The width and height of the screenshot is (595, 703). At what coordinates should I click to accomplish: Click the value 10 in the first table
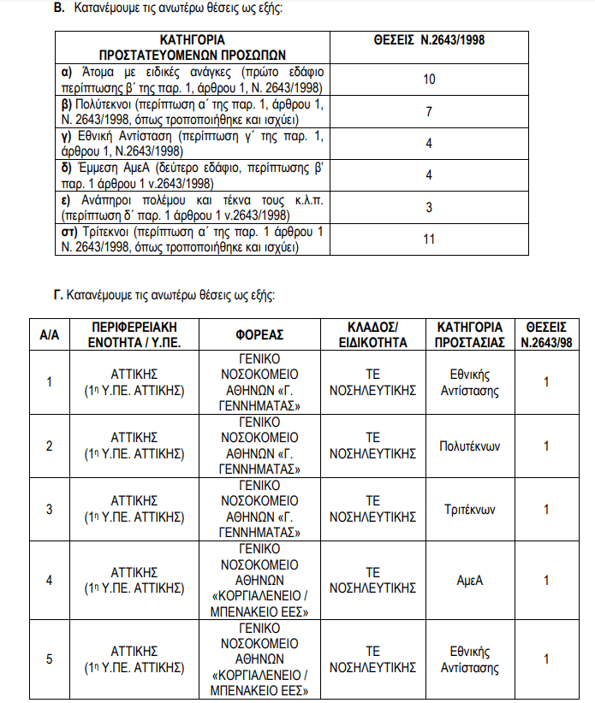click(x=429, y=80)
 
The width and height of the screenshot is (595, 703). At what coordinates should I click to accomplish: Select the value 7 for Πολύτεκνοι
click(x=429, y=112)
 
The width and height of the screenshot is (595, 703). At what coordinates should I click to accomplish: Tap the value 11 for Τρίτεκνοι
click(x=429, y=239)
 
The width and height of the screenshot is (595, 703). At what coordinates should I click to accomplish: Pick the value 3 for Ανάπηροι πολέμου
click(x=429, y=207)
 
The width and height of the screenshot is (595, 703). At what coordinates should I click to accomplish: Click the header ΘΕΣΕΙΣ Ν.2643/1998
click(x=429, y=40)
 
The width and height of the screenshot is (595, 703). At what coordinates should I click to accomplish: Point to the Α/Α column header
click(x=49, y=334)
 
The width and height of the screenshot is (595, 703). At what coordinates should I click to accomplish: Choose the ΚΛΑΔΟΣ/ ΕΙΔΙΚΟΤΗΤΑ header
click(x=372, y=334)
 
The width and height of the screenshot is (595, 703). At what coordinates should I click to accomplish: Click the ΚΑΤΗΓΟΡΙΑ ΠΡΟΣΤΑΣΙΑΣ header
click(x=468, y=334)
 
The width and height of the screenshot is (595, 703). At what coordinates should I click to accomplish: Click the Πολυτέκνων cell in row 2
click(x=468, y=446)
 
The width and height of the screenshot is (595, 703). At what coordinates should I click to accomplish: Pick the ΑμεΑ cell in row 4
click(x=470, y=580)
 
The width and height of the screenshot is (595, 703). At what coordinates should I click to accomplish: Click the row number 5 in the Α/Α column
click(x=49, y=659)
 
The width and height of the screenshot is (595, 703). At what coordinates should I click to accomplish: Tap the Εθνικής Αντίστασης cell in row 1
click(x=469, y=382)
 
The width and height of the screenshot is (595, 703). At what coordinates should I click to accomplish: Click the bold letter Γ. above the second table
click(x=57, y=296)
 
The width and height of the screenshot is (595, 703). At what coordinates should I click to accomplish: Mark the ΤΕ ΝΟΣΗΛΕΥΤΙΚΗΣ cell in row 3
click(x=372, y=509)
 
